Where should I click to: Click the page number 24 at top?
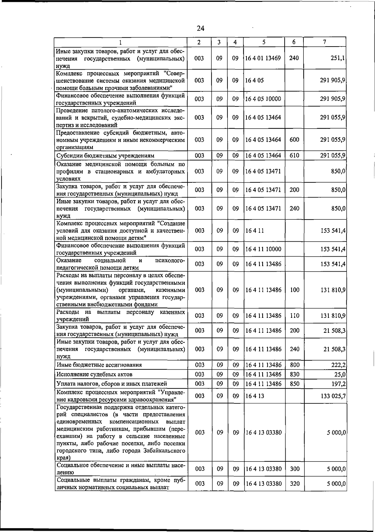(200, 28)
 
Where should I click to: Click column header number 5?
(264, 42)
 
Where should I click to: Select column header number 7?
(325, 42)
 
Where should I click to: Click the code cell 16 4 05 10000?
(263, 99)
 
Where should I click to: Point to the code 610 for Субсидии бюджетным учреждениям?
(294, 155)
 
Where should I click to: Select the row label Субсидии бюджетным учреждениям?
(105, 155)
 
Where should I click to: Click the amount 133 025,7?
(333, 396)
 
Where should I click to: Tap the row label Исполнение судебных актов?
(94, 374)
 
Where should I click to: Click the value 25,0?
(339, 374)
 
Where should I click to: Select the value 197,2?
(338, 383)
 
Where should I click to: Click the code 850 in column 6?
(294, 383)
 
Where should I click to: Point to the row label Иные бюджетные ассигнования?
(99, 365)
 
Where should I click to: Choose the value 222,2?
(338, 365)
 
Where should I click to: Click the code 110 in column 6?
(294, 316)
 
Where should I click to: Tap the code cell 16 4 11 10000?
(263, 249)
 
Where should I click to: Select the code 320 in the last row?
(294, 484)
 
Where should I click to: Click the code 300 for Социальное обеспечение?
(294, 469)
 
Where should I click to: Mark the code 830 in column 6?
(294, 374)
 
